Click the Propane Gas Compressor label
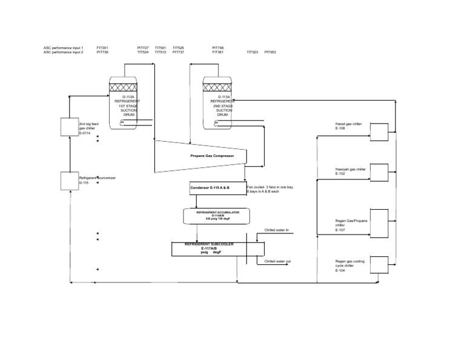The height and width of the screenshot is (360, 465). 211,156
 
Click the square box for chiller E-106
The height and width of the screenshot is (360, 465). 379,131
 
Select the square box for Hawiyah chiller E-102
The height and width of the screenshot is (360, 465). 379,172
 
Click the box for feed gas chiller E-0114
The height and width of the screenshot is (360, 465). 69,127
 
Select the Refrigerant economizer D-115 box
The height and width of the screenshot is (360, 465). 69,180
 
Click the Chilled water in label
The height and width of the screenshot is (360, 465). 277,231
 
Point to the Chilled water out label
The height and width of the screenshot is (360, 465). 277,261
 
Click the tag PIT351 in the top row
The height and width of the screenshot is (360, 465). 102,47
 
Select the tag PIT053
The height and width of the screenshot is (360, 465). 270,52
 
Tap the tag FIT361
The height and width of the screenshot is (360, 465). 218,52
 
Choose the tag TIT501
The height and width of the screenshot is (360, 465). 160,47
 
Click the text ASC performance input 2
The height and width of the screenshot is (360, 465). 64,52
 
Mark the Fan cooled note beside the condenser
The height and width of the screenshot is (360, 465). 270,190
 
